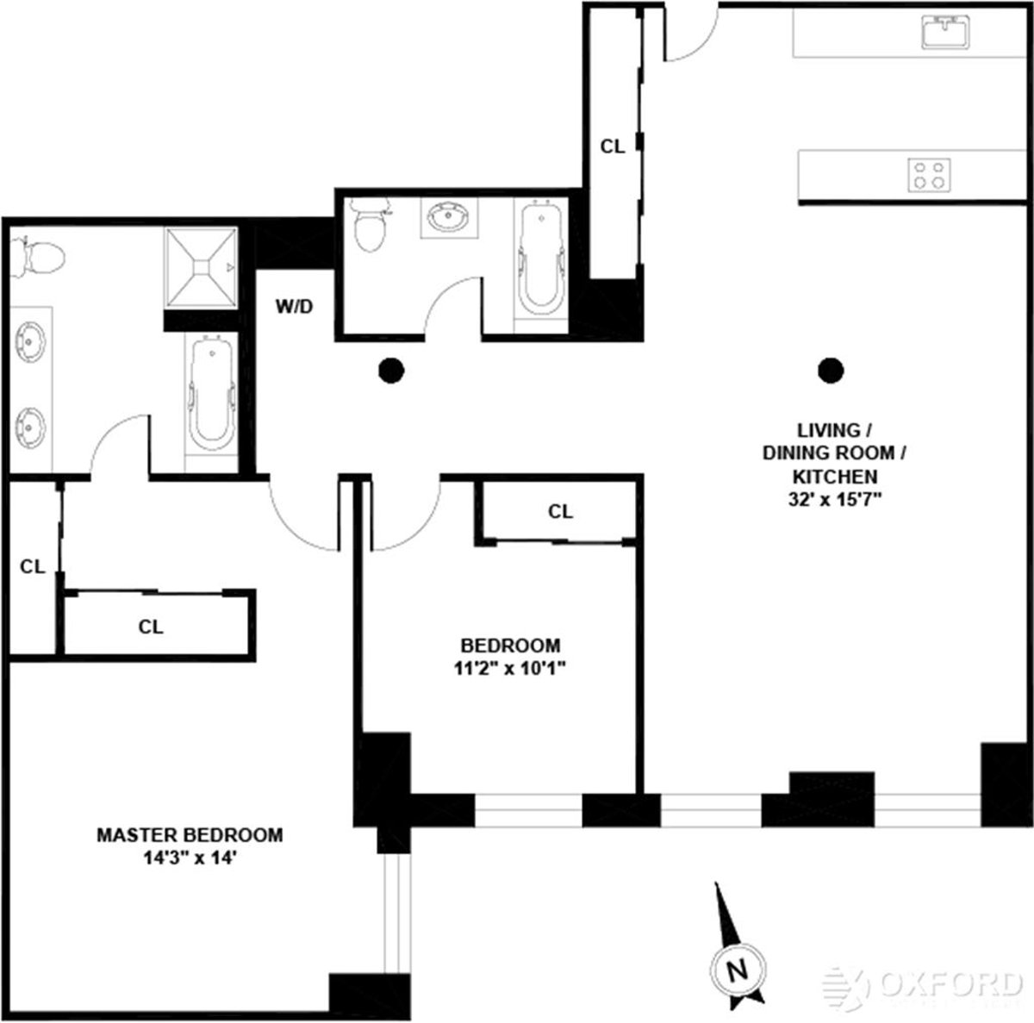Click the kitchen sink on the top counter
[946, 33]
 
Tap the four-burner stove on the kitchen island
[930, 175]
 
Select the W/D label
[294, 306]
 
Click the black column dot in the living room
[831, 371]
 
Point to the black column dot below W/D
[391, 371]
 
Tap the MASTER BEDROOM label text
[190, 835]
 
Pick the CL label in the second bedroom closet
[560, 512]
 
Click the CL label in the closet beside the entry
[613, 147]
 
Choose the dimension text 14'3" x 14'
[190, 858]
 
